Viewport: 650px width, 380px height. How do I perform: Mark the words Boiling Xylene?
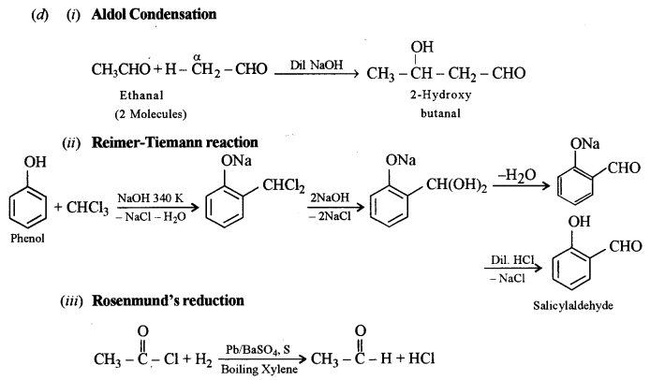click(x=255, y=370)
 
